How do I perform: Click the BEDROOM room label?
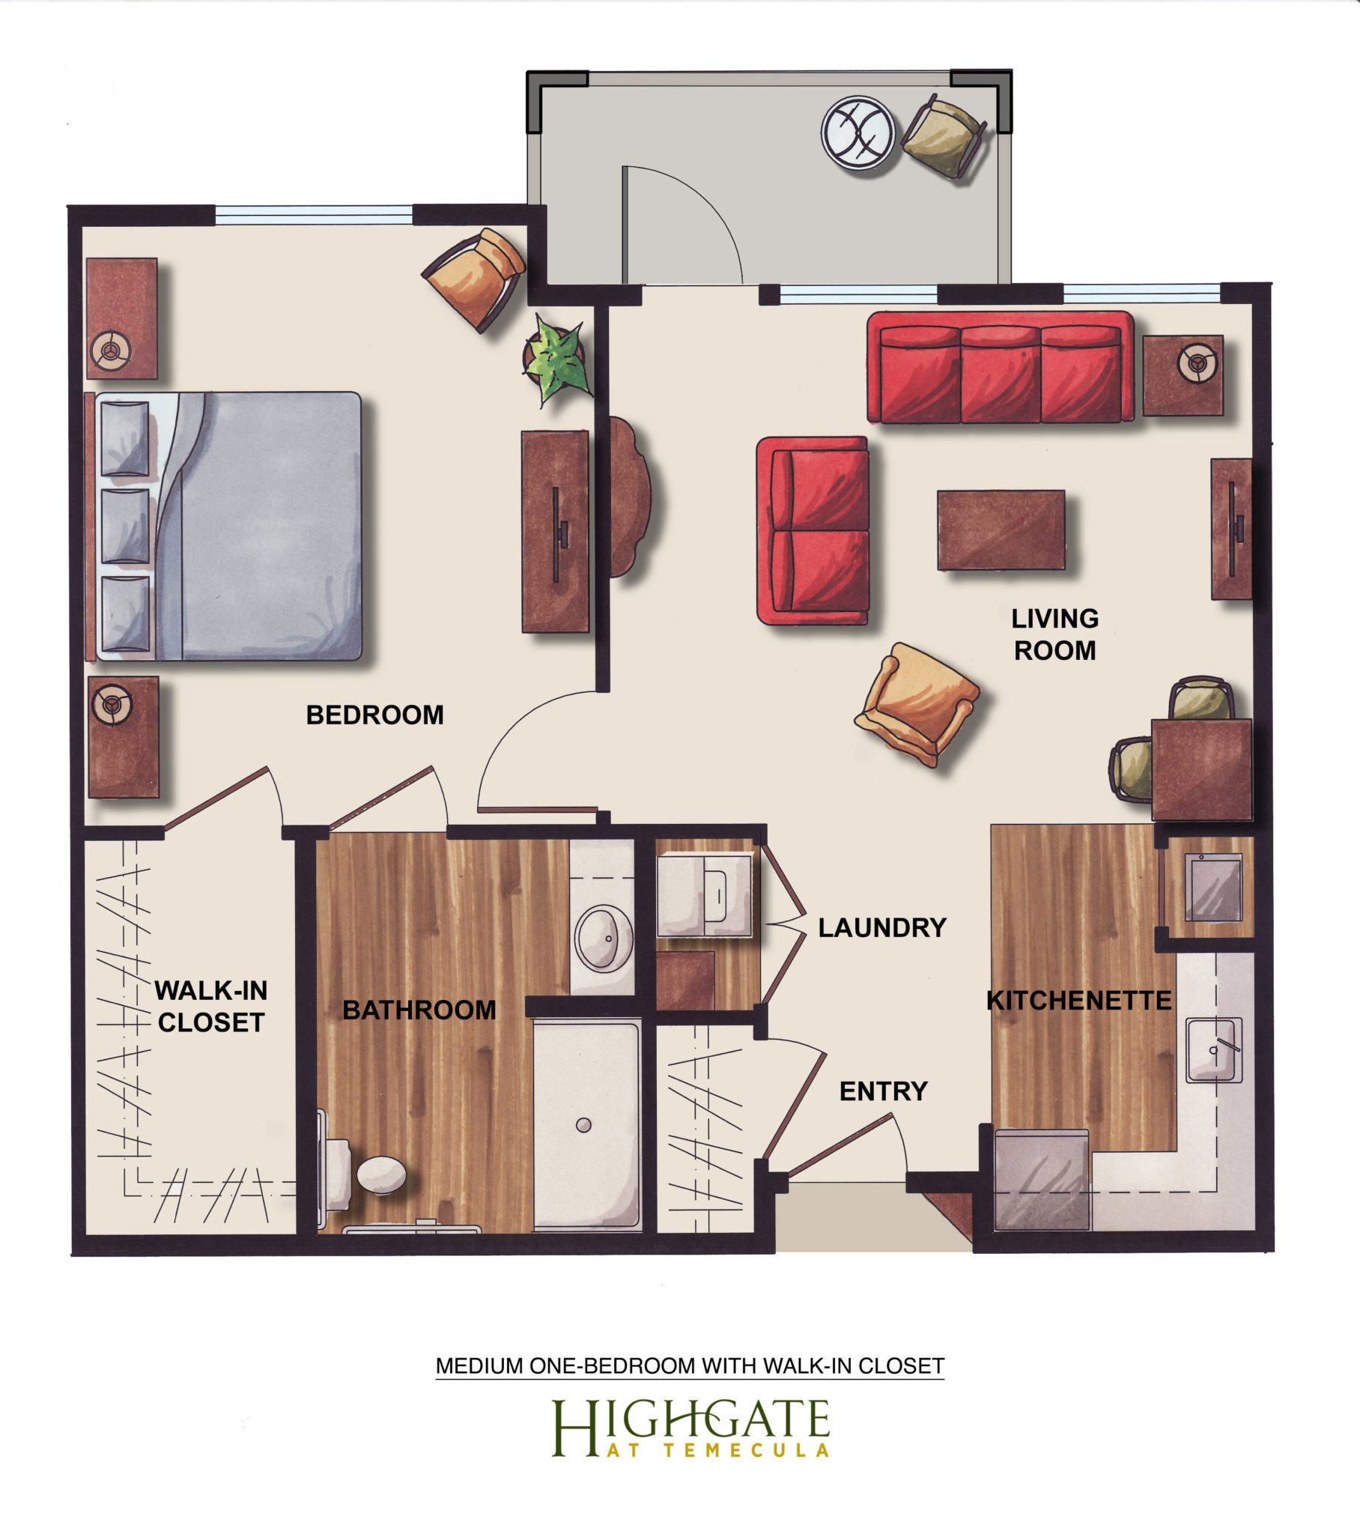374,715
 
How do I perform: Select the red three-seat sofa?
1001,367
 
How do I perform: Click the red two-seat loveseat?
813,530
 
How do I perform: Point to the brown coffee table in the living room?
1001,530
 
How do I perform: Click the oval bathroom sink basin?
603,938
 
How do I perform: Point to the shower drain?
583,1124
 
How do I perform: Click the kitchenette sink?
1214,1049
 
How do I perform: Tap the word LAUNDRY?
882,927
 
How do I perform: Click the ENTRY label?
884,1091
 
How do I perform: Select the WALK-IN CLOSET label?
211,1006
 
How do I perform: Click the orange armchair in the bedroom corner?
474,279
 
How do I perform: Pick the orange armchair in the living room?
917,705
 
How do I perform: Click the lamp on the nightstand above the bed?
111,350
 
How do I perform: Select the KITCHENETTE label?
1078,1001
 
